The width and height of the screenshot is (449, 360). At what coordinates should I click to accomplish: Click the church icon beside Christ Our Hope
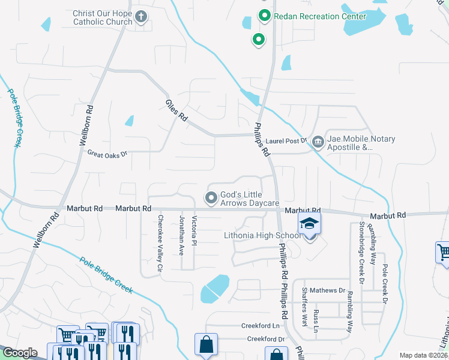tap(141, 17)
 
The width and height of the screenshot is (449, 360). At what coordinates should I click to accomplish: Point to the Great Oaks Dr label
tap(108, 154)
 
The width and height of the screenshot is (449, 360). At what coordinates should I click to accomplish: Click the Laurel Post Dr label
tap(286, 141)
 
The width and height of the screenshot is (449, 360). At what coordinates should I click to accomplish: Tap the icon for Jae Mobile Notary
tap(318, 142)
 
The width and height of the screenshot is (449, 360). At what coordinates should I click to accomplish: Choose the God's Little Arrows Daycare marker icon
tap(211, 197)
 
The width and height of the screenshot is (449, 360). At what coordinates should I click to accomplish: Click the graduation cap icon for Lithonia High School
tap(309, 224)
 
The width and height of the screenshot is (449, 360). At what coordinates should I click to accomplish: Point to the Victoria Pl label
tap(194, 231)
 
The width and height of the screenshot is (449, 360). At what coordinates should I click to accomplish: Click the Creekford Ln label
tap(261, 326)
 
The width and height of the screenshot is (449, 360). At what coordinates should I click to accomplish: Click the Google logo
tap(20, 353)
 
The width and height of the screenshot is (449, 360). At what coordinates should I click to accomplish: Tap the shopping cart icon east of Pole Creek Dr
tap(444, 252)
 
